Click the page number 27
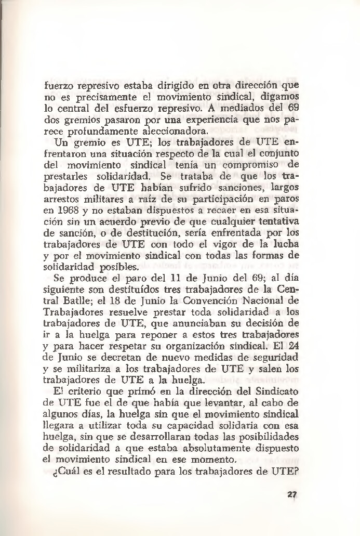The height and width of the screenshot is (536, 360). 291,494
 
